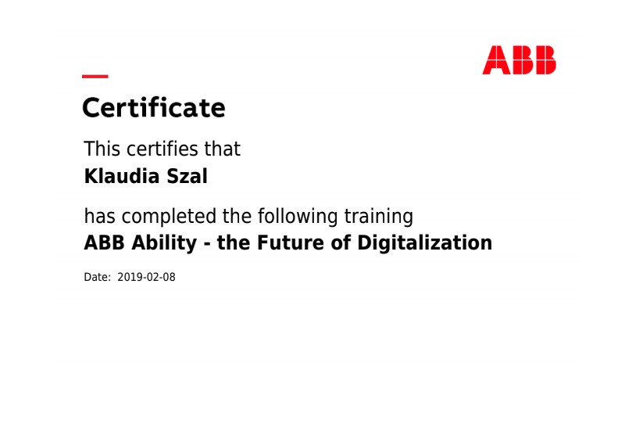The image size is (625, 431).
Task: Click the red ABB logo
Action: (519, 60)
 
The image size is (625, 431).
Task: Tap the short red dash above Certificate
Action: (95, 76)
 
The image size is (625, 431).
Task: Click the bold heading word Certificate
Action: (154, 108)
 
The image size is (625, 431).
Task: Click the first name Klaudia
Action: (122, 176)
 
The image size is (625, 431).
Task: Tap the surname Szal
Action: (187, 176)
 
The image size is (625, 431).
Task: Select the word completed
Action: (169, 217)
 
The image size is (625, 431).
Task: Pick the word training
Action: (379, 217)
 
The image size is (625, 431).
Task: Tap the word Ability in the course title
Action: (164, 243)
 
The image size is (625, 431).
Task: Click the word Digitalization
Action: (424, 243)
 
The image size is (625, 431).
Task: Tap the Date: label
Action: (97, 277)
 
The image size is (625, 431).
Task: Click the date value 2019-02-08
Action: (146, 277)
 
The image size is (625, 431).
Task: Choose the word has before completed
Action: (100, 217)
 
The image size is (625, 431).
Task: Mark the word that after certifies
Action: (223, 149)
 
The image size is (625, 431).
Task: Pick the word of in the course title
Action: (341, 242)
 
